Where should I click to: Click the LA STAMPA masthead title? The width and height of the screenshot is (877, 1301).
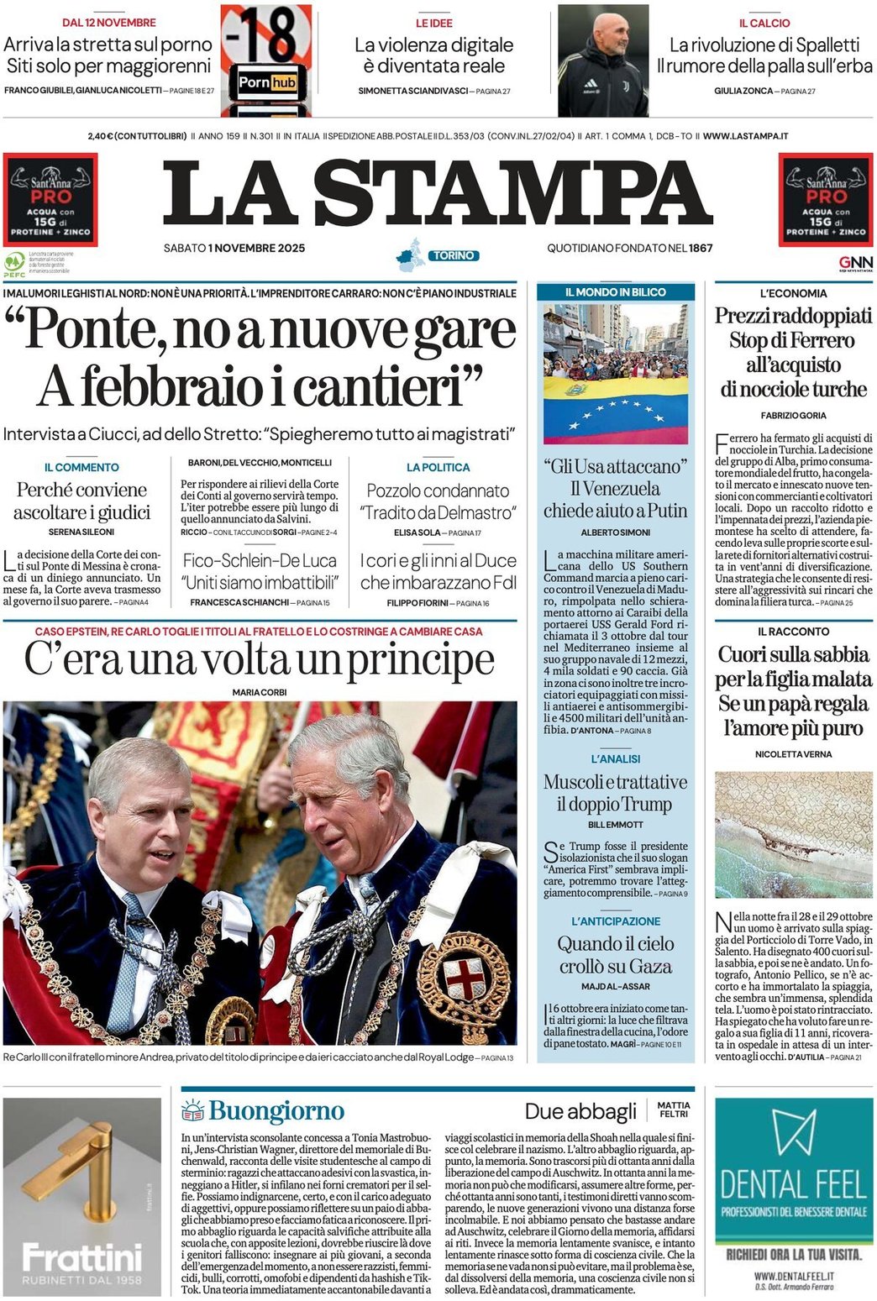click(x=438, y=194)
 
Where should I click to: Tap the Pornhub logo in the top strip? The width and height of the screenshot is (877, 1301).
click(x=266, y=82)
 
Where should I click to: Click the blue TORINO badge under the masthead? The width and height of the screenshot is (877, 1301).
click(x=454, y=255)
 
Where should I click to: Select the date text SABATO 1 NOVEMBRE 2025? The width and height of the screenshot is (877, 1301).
click(x=234, y=248)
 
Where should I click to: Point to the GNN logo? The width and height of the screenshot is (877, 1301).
click(x=855, y=262)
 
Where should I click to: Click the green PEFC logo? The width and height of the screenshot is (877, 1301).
click(x=14, y=264)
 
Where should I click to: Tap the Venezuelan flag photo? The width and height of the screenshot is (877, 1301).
click(x=615, y=375)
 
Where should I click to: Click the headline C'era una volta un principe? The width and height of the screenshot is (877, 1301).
click(x=259, y=659)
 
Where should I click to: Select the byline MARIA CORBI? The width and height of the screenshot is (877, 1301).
click(x=260, y=692)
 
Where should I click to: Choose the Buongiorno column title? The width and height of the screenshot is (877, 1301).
click(x=276, y=1110)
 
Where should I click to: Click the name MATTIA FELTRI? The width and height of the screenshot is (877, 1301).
click(x=674, y=1110)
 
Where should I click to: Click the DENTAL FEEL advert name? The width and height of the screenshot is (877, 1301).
click(x=793, y=1185)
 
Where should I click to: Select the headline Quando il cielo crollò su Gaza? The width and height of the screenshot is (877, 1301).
click(x=616, y=955)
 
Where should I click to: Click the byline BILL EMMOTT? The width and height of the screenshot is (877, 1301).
click(x=616, y=825)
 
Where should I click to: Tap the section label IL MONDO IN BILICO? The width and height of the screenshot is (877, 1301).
click(x=615, y=292)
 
